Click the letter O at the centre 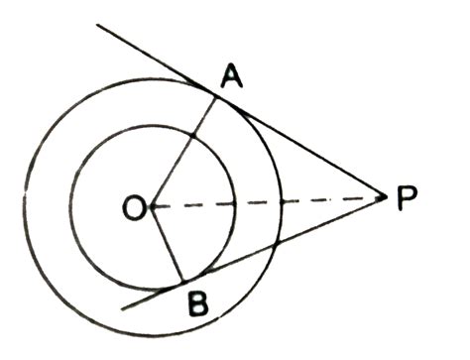(133, 206)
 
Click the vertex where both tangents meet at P (384, 199)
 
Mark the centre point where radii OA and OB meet (152, 206)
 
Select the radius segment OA (184, 149)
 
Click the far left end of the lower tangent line (120, 308)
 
